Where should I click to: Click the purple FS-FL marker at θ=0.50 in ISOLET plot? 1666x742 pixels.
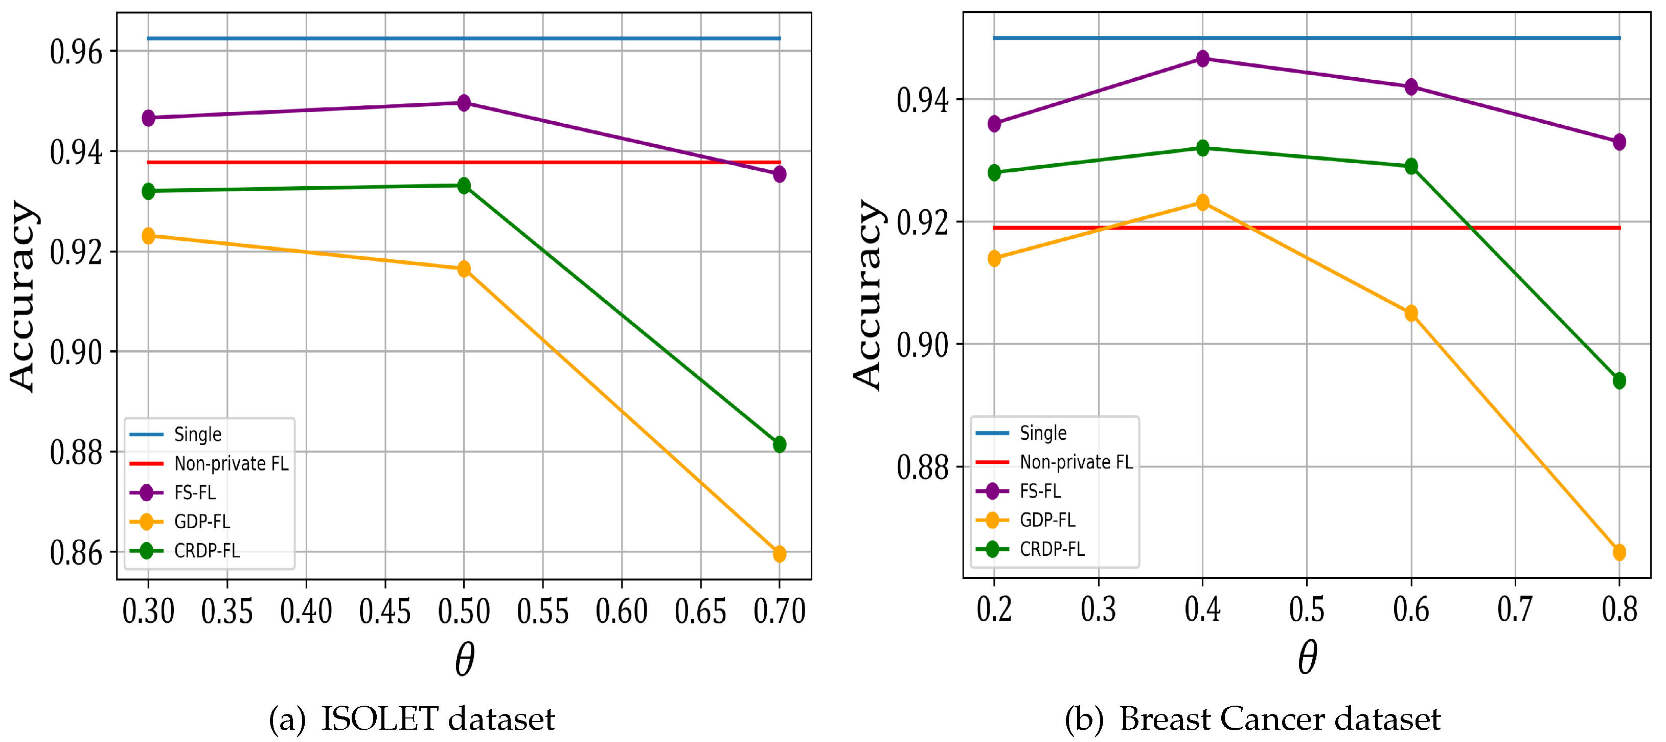[464, 103]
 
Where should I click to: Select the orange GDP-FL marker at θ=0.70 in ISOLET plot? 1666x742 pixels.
[779, 554]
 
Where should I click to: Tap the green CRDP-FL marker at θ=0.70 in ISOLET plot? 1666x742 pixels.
[779, 444]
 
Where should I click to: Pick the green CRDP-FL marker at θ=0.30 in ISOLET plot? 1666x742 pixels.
[148, 191]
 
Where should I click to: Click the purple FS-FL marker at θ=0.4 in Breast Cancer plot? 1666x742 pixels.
[1202, 59]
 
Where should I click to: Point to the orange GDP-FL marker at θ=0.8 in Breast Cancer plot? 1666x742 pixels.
[1619, 552]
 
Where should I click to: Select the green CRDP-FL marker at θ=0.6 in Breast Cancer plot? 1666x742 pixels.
[1411, 166]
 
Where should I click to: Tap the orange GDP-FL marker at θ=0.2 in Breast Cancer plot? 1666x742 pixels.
[994, 259]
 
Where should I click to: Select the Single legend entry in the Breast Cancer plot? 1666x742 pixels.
[1042, 433]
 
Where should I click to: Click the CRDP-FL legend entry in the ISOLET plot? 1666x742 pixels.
[207, 551]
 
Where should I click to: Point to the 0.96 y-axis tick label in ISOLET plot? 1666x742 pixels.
[76, 52]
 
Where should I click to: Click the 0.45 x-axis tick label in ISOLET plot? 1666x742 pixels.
[385, 611]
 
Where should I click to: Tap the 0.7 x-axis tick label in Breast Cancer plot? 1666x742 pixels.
[1515, 610]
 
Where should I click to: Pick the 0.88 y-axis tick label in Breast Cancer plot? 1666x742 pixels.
[922, 467]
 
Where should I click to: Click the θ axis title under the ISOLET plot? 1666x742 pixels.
[464, 660]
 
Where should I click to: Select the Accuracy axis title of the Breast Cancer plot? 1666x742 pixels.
[866, 295]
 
